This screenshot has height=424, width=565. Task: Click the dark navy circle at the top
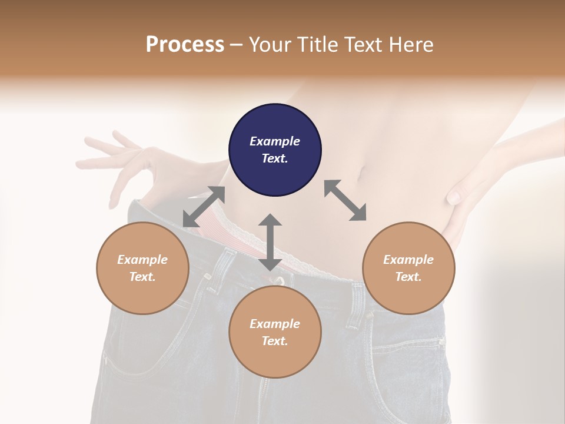(275, 150)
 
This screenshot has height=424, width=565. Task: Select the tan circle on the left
(142, 268)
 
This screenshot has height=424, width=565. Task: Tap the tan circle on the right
(408, 268)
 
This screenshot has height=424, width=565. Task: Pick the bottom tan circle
(275, 332)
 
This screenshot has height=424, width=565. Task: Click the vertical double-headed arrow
(270, 242)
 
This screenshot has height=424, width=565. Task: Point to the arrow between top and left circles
(204, 206)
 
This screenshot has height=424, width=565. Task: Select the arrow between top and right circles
(345, 200)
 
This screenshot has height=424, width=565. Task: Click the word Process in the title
(185, 44)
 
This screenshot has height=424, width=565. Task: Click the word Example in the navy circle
(275, 141)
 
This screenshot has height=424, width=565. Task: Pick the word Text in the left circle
(142, 277)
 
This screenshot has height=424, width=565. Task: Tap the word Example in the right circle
(408, 260)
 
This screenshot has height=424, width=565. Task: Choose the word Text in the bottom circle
(275, 341)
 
